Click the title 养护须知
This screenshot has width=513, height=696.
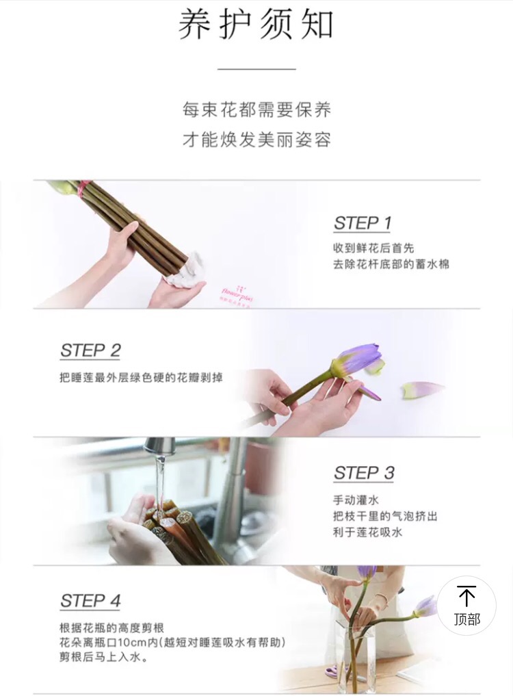pyautogui.click(x=256, y=25)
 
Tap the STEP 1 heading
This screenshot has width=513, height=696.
pyautogui.click(x=363, y=223)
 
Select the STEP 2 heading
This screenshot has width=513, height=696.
pyautogui.click(x=90, y=350)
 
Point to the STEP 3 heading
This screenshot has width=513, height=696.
pyautogui.click(x=364, y=473)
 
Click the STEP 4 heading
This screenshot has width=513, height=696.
pyautogui.click(x=90, y=601)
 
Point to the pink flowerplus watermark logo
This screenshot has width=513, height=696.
pyautogui.click(x=237, y=292)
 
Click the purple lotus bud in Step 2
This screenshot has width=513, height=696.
pyautogui.click(x=356, y=359)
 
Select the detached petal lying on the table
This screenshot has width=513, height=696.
pyautogui.click(x=421, y=390)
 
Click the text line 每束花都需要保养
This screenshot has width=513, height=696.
pyautogui.click(x=256, y=109)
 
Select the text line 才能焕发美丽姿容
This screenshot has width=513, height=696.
pyautogui.click(x=256, y=140)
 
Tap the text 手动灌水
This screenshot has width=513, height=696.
pyautogui.click(x=356, y=500)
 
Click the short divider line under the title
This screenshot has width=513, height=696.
pyautogui.click(x=256, y=69)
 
